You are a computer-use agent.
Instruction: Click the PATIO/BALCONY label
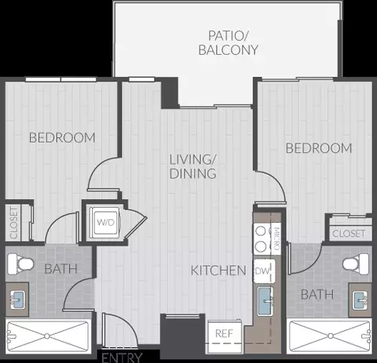tap(229, 43)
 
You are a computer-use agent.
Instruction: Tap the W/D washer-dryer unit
tap(105, 222)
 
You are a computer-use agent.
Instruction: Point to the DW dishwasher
tap(264, 271)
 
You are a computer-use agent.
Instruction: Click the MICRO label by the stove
tap(276, 238)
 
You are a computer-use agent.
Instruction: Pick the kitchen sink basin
tap(265, 301)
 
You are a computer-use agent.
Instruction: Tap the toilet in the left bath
tap(20, 264)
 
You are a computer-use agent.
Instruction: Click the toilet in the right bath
tap(356, 263)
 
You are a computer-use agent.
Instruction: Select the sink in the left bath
tap(17, 299)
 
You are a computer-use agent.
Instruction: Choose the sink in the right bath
tap(360, 300)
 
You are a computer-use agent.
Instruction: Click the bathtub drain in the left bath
tap(47, 336)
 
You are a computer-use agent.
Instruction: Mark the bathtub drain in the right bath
tap(331, 336)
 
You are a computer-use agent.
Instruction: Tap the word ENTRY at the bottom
tap(122, 358)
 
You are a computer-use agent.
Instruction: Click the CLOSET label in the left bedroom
tap(13, 223)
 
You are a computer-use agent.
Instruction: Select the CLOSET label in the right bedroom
tap(349, 234)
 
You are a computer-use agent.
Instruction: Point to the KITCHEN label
tap(218, 270)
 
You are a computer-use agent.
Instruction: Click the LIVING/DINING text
tap(193, 167)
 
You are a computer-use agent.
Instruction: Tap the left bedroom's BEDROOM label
tap(62, 138)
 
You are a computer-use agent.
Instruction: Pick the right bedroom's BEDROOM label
tap(319, 148)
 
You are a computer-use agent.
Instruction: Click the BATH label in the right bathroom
tap(317, 295)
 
